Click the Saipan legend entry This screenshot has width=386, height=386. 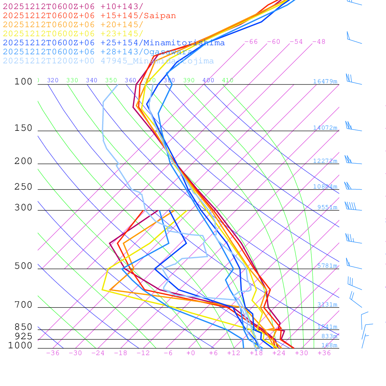pyautogui.click(x=89, y=16)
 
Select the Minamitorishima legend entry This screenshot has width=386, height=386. pyautogui.click(x=114, y=43)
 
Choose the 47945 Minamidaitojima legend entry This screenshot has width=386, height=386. pyautogui.click(x=108, y=61)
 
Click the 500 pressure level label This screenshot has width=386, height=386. pyautogui.click(x=23, y=266)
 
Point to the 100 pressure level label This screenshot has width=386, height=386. pyautogui.click(x=23, y=82)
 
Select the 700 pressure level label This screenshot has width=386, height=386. pyautogui.click(x=23, y=305)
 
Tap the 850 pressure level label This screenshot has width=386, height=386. pyautogui.click(x=23, y=327)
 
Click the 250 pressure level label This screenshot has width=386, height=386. pyautogui.click(x=23, y=187)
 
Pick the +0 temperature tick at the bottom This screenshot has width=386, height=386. pyautogui.click(x=191, y=353)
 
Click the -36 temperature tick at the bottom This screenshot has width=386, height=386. pyautogui.click(x=52, y=353)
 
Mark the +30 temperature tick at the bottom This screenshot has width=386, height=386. pyautogui.click(x=301, y=353)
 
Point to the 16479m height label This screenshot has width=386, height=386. pyautogui.click(x=325, y=81)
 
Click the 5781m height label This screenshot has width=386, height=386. pyautogui.click(x=327, y=266)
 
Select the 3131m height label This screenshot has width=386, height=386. pyautogui.click(x=327, y=305)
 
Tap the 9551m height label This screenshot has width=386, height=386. pyautogui.click(x=327, y=207)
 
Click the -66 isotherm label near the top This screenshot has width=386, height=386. pyautogui.click(x=251, y=42)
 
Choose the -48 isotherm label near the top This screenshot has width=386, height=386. pyautogui.click(x=319, y=42)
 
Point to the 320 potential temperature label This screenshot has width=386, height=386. pyautogui.click(x=53, y=80)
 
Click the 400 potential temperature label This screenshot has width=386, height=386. pyautogui.click(x=208, y=80)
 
